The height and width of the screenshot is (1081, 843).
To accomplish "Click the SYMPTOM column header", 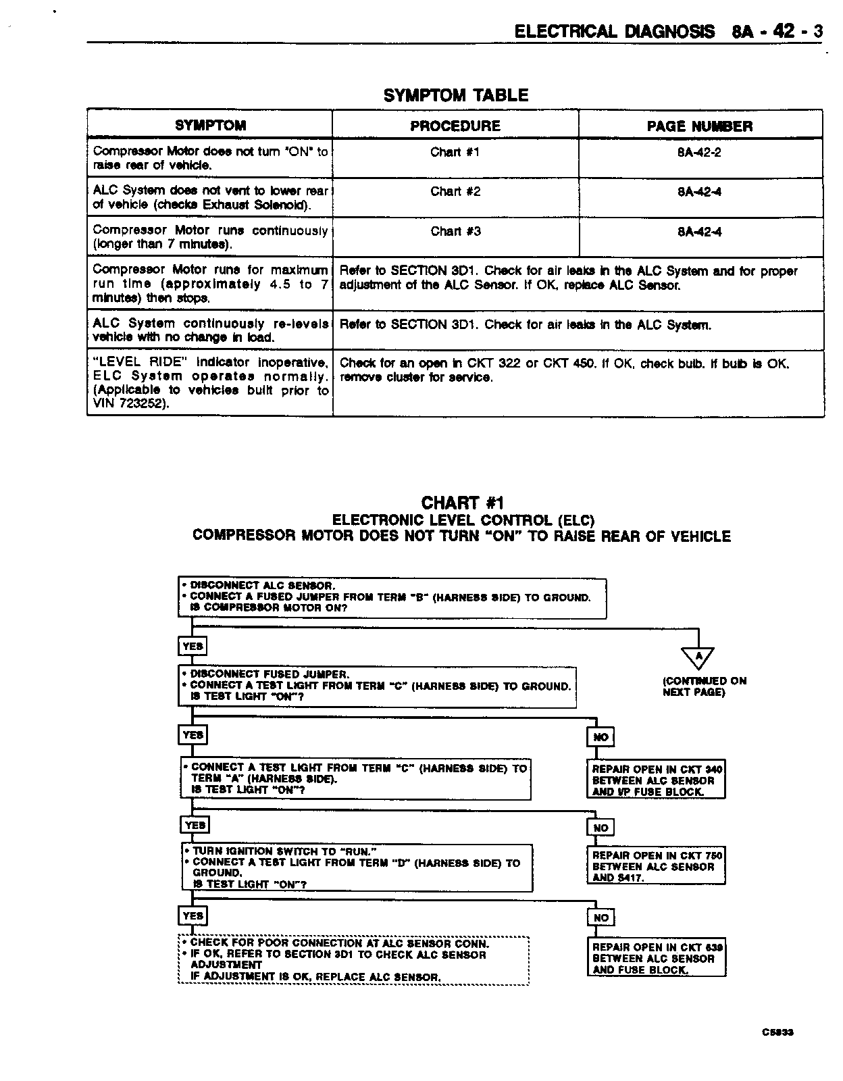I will point(210,126).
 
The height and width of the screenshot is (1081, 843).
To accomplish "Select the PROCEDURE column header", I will point(455,126).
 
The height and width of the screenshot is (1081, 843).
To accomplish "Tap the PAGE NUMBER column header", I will point(699,126).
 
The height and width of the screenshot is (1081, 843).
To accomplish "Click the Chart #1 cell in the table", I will point(455,153).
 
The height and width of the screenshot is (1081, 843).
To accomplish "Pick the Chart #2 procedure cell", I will point(455,192).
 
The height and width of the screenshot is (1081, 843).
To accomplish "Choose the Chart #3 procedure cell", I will point(455,232).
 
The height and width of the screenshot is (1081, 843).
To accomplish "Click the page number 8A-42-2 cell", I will point(699,153).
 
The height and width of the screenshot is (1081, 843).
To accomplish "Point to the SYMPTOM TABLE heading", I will point(456,95).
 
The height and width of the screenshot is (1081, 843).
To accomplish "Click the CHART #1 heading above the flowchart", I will point(463,503).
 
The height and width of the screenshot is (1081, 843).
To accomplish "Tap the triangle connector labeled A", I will point(698,657).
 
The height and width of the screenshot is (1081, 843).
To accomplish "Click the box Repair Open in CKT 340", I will point(657,780).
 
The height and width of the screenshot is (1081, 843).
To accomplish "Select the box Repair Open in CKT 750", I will point(657,867).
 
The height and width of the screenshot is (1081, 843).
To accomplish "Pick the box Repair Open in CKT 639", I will point(657,959).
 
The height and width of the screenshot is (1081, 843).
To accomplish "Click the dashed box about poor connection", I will point(353,960).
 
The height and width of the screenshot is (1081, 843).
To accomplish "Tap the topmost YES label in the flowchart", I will point(193,647).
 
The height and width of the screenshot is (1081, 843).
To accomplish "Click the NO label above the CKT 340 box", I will point(601,737).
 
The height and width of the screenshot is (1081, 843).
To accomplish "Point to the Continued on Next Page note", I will point(704,686).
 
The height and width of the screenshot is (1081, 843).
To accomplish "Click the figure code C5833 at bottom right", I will point(777,1032).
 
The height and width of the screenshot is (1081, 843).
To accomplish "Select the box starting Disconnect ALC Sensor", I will point(392,597).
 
